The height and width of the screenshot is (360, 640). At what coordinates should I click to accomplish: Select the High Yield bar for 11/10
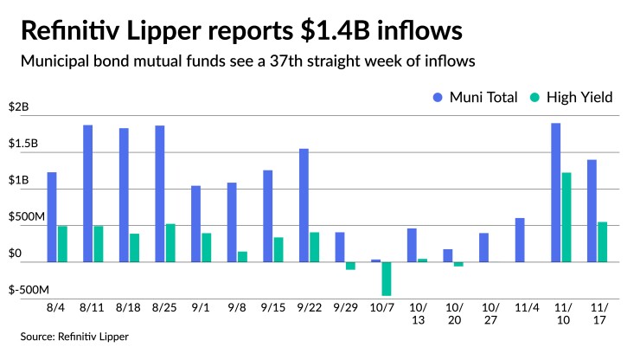(566, 217)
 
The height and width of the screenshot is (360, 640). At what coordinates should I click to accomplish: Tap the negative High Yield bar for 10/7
(386, 279)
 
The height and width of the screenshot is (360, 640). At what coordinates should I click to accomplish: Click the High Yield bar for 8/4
(62, 244)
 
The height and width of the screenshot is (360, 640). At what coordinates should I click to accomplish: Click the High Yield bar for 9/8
(242, 257)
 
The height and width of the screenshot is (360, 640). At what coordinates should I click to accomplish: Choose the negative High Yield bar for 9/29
(350, 266)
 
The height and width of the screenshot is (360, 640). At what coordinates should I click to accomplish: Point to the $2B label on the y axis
(18, 107)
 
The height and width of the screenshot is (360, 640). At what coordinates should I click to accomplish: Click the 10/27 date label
(490, 314)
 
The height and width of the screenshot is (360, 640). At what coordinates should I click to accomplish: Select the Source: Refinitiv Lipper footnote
(75, 336)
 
